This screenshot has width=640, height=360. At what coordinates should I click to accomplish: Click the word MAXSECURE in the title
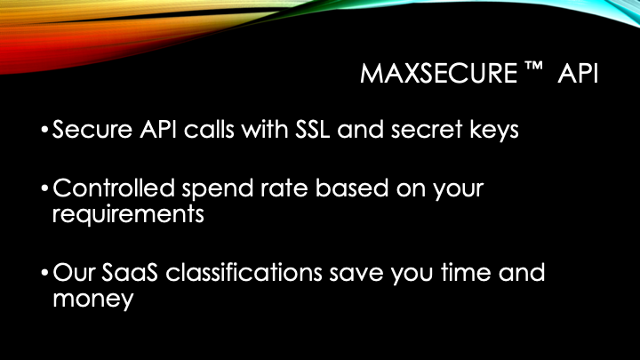click(439, 74)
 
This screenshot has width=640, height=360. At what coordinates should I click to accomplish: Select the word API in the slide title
click(578, 74)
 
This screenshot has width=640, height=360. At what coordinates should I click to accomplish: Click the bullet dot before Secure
click(45, 130)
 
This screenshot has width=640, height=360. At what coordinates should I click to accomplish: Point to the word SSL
click(313, 130)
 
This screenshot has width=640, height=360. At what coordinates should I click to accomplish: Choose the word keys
click(494, 131)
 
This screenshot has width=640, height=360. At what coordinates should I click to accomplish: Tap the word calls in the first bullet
click(209, 130)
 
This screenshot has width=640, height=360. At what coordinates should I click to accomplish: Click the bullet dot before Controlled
click(45, 188)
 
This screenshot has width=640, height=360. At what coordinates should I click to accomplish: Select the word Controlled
click(114, 188)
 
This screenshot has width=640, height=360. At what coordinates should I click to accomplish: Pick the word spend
click(218, 189)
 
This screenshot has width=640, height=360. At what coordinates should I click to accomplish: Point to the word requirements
click(128, 215)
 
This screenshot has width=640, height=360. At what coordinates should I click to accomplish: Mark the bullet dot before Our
click(45, 273)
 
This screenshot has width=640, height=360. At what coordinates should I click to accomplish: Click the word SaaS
click(130, 272)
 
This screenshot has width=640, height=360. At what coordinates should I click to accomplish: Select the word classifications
click(244, 272)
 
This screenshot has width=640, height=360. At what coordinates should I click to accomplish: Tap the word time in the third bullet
click(466, 272)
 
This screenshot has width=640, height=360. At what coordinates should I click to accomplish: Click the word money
click(93, 300)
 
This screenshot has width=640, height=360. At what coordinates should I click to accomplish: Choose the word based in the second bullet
click(352, 188)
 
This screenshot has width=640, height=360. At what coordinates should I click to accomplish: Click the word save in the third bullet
click(356, 273)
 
